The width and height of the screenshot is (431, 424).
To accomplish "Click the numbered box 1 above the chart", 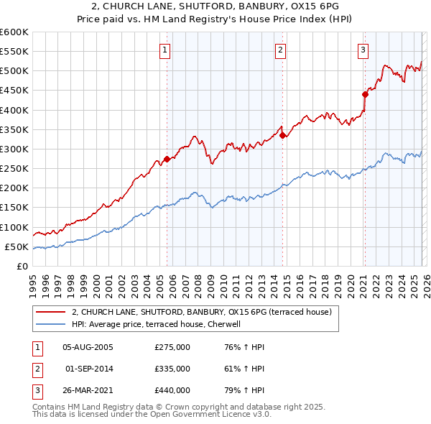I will tap(165, 50).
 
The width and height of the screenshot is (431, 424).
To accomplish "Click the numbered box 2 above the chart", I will tap(279, 50).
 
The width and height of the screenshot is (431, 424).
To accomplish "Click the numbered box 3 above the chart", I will tap(363, 50).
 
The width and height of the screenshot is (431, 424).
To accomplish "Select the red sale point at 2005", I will tap(167, 159).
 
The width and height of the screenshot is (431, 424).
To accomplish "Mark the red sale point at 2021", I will tap(365, 94).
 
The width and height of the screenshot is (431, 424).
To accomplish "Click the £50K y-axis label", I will tap(17, 246).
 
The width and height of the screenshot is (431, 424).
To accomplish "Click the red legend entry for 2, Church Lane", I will tap(201, 312).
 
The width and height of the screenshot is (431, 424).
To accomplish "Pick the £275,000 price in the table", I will tap(172, 347).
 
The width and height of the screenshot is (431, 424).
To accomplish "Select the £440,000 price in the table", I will tap(172, 390).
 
